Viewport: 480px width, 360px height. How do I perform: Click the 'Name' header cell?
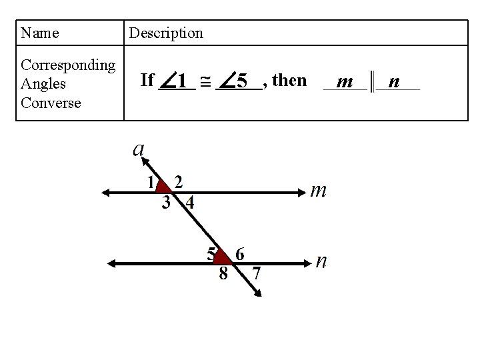(x=39, y=33)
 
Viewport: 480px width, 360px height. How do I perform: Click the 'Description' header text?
(x=166, y=33)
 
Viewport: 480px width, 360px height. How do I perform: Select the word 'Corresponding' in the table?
(x=68, y=65)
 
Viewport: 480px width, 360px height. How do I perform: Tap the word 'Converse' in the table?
(x=51, y=103)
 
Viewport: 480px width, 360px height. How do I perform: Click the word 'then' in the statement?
(x=290, y=81)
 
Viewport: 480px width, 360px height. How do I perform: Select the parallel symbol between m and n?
(x=375, y=81)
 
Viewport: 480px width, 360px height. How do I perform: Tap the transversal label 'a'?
(x=139, y=149)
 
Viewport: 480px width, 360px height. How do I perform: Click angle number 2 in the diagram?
(x=180, y=181)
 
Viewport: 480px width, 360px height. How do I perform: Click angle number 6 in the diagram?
(x=240, y=253)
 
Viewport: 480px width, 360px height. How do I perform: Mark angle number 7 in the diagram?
(x=256, y=274)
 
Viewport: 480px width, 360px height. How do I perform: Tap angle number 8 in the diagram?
(x=225, y=274)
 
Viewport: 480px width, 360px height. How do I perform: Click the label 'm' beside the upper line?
(x=319, y=191)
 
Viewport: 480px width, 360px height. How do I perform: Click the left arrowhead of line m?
(x=105, y=193)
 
